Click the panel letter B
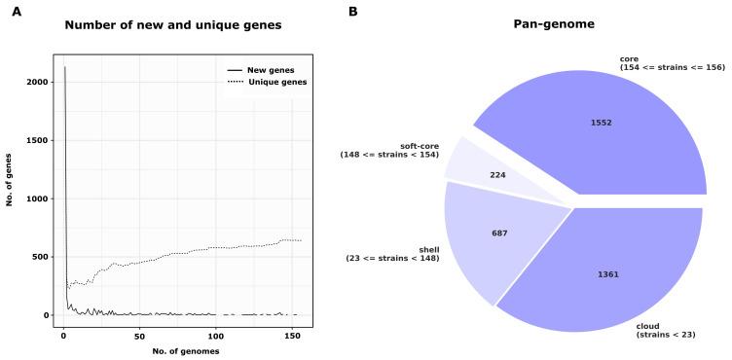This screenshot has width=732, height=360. (353, 12)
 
